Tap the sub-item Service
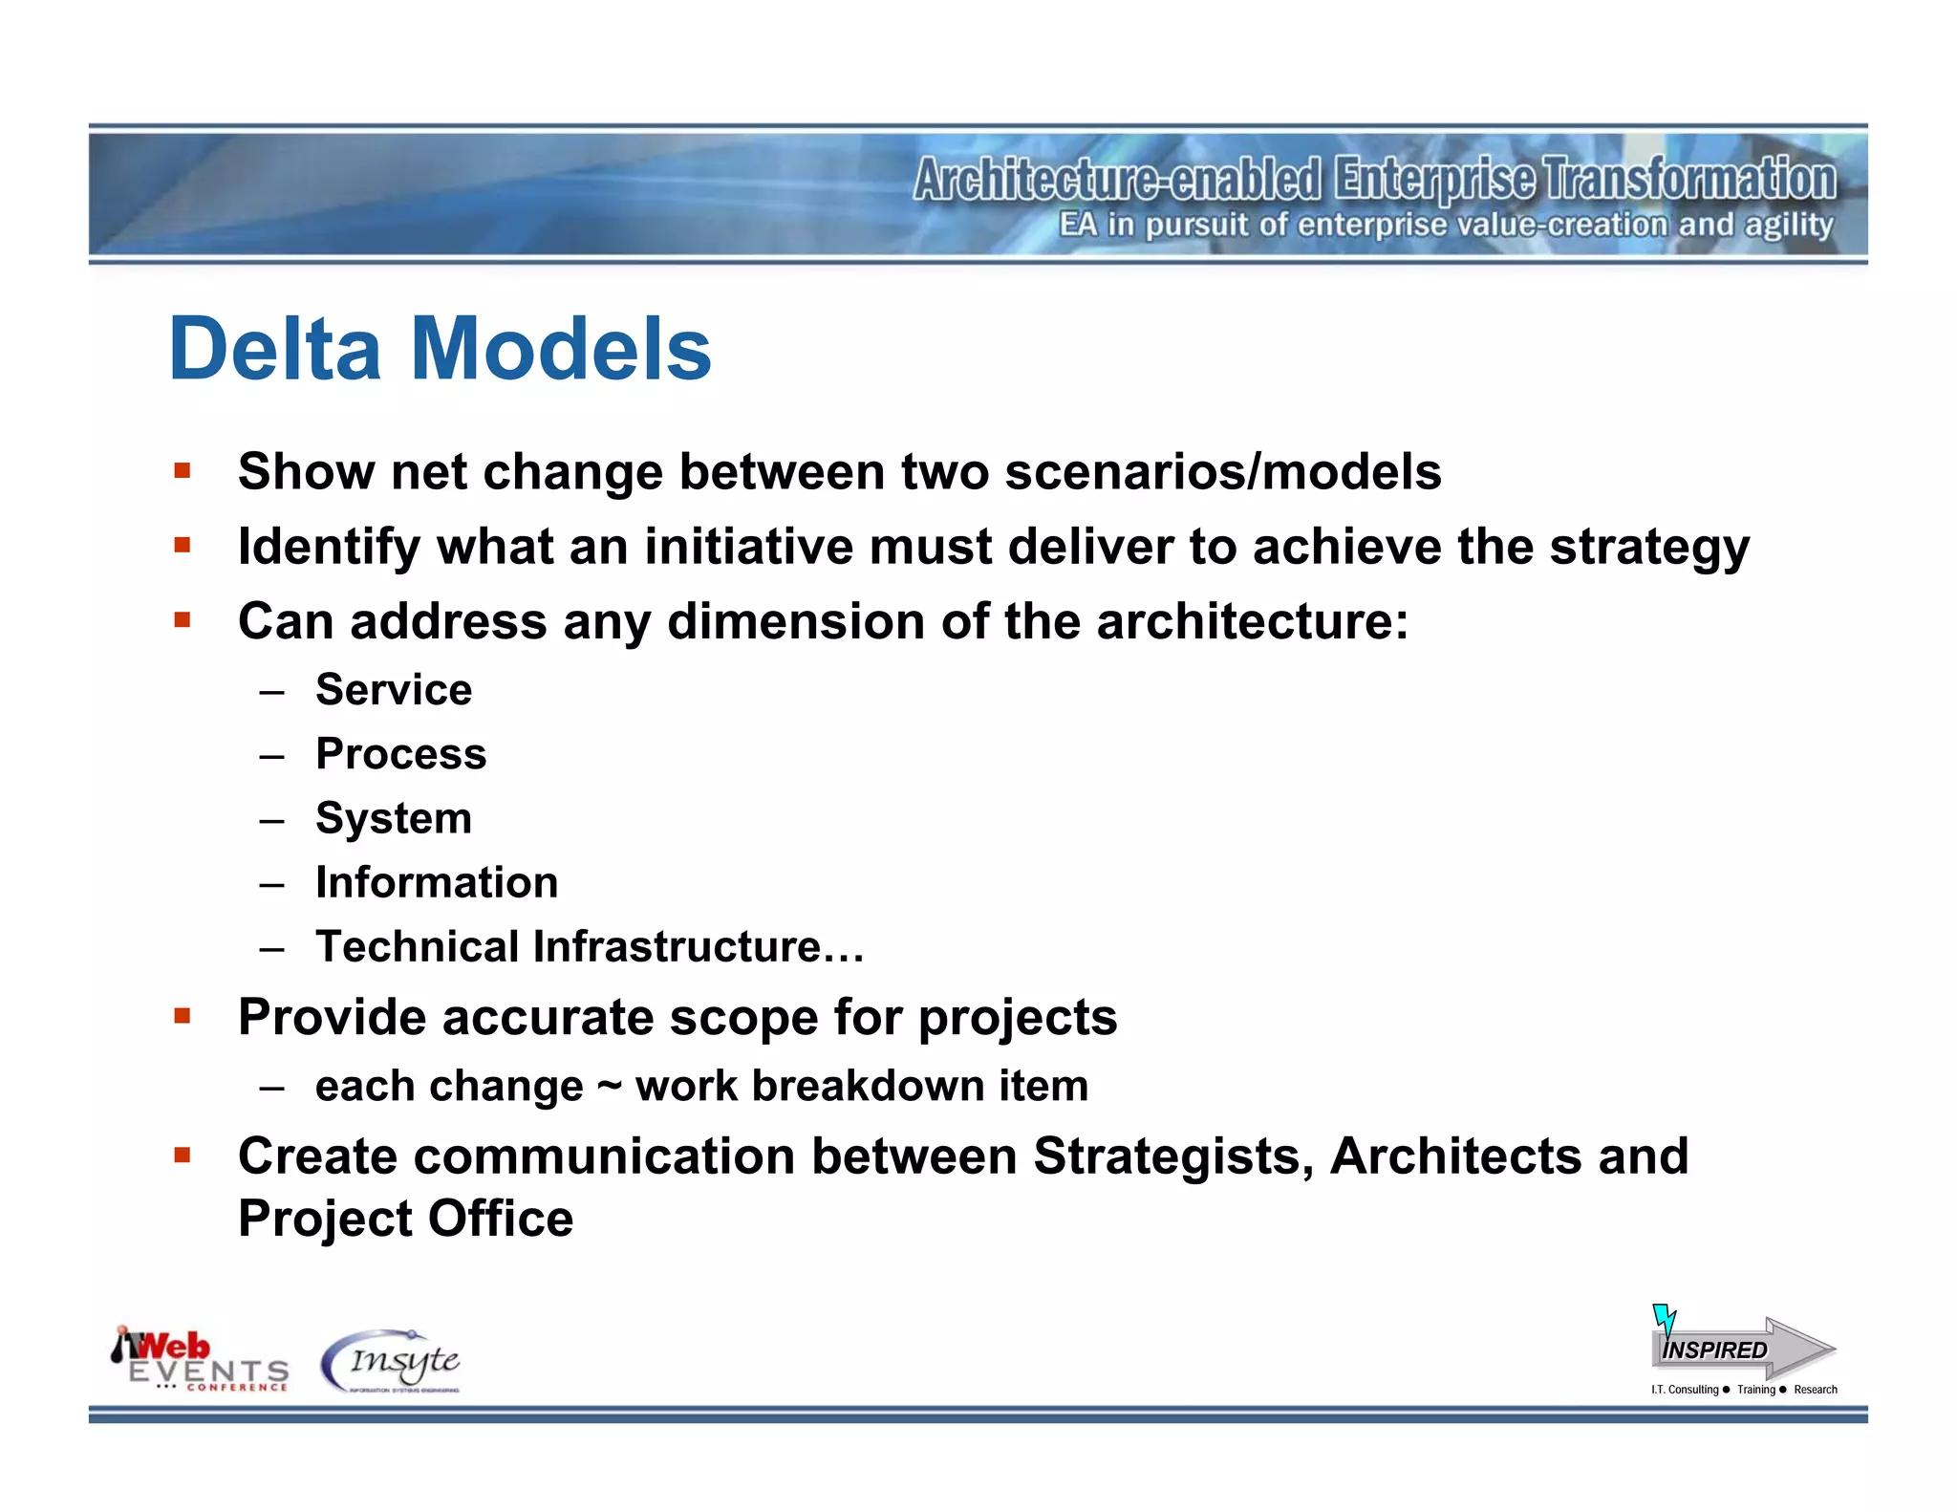pos(393,690)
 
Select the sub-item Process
pos(400,754)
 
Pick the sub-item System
pos(393,819)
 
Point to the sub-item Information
pos(437,882)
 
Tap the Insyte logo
pos(392,1361)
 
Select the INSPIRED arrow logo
pos(1741,1349)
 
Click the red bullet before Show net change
pos(183,470)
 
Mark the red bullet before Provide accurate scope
pos(183,1015)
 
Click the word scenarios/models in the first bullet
pos(1222,472)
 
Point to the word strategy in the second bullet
pos(1649,548)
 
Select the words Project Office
pos(405,1220)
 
